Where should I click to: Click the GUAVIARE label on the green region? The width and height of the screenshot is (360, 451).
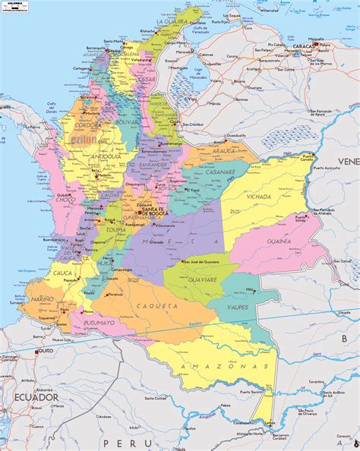point(201,277)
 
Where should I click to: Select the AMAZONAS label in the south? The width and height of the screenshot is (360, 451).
point(207,366)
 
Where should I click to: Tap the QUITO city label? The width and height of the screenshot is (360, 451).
point(46,351)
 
